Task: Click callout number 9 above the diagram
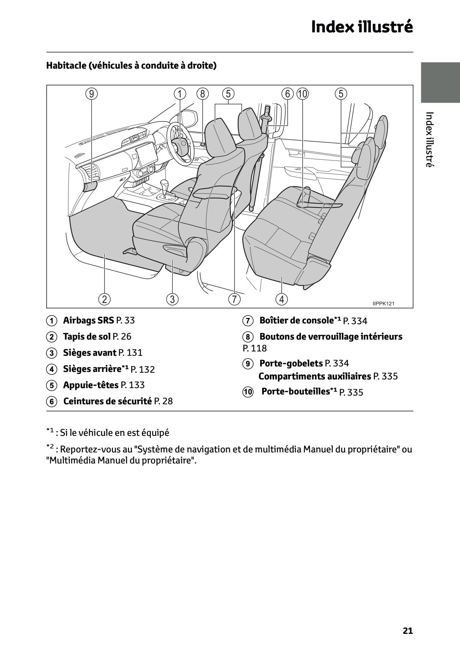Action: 91,94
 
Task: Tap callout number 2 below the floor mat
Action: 104,299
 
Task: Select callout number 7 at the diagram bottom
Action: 234,299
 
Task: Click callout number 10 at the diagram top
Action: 303,94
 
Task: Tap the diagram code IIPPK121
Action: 383,303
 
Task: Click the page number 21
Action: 408,631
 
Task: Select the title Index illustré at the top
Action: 362,27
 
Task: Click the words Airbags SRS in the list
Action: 88,320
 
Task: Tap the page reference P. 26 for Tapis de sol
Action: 122,336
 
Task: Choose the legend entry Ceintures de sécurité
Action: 107,401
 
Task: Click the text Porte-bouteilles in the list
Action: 295,392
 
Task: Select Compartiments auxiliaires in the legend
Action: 315,376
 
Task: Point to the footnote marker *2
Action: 50,447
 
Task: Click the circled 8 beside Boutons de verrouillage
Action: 247,337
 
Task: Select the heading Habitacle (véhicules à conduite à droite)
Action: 131,65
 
